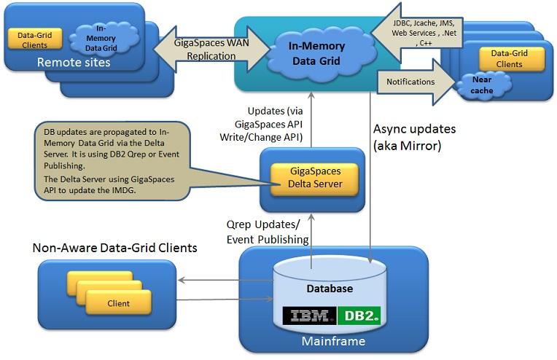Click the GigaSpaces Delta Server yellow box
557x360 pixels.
coord(315,179)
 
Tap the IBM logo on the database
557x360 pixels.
coord(309,316)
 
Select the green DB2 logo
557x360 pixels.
coord(359,316)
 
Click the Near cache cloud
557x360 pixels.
coord(483,85)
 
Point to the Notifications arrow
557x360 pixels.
coord(416,82)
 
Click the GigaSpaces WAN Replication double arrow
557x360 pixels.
coord(211,50)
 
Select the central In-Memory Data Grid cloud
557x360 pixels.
coord(318,54)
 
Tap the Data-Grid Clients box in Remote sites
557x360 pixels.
coord(35,39)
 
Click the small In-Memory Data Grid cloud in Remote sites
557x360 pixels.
coord(102,38)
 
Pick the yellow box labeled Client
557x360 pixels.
coord(118,303)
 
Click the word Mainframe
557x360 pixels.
coord(333,341)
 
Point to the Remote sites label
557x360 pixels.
coord(74,63)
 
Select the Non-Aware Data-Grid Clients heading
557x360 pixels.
coord(114,248)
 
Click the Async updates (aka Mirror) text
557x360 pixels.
coord(414,137)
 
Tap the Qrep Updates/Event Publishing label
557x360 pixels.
coord(268,232)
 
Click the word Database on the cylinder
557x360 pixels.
coord(330,289)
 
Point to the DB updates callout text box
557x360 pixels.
coord(112,161)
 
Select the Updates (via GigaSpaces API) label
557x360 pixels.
coord(262,124)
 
